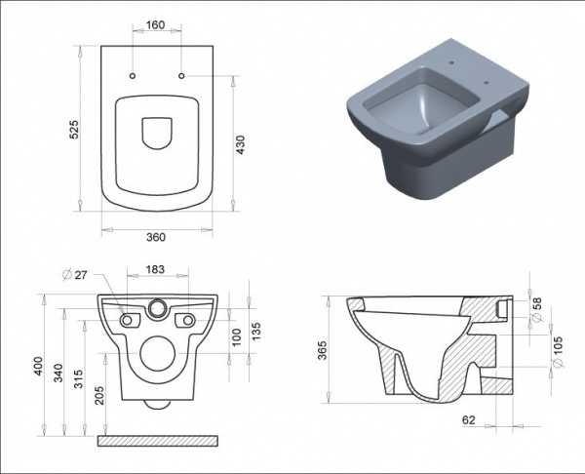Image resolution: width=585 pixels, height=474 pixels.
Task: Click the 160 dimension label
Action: tap(155, 25)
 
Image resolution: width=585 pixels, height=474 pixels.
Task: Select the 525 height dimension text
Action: tap(75, 129)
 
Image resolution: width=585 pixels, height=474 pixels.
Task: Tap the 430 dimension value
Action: tap(241, 144)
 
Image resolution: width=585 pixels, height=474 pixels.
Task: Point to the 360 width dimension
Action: tap(156, 237)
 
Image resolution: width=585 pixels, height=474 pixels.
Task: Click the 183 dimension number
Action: tap(155, 269)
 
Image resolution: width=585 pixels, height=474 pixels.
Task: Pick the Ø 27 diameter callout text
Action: tap(75, 275)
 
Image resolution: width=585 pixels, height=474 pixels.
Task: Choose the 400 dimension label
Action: tap(39, 367)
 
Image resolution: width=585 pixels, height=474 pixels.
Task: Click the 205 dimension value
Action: tap(99, 395)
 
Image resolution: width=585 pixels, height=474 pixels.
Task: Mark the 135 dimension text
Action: tap(256, 331)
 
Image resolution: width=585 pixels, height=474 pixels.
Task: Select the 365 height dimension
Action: tap(322, 350)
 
